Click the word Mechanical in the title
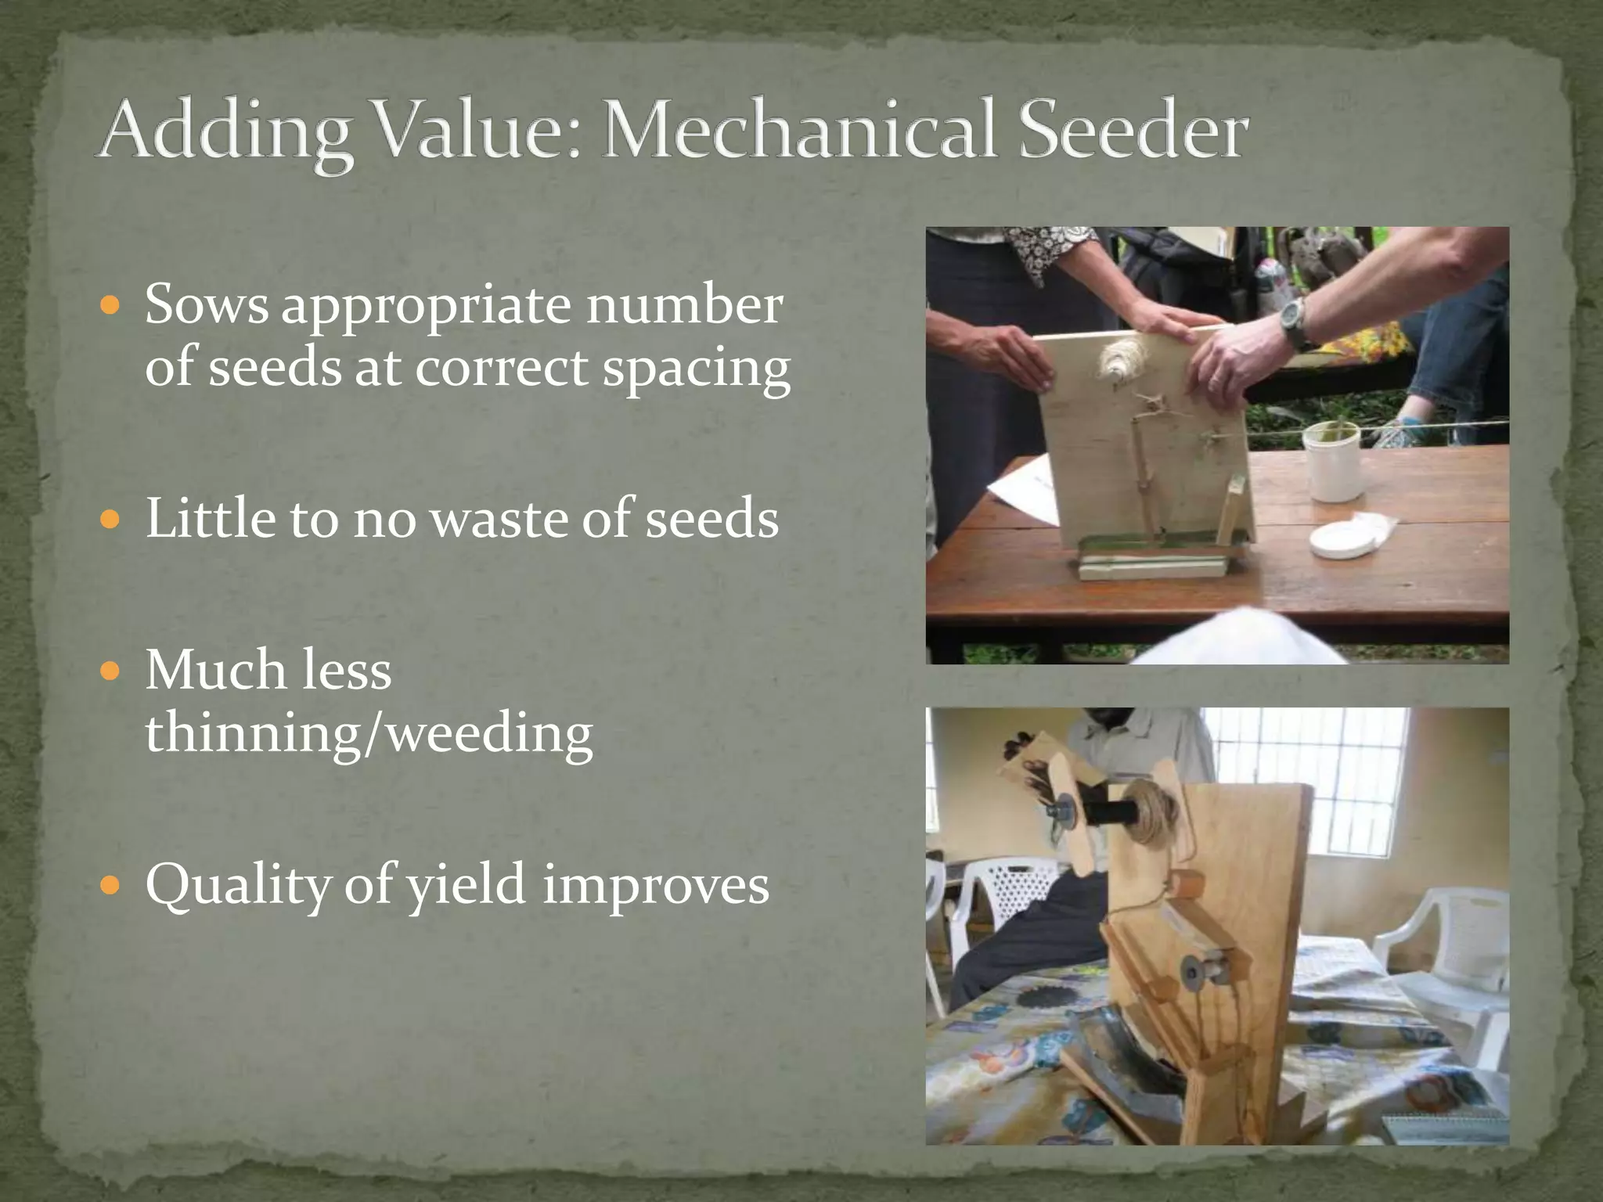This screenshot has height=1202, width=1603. [799, 129]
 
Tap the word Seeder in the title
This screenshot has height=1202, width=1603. [1133, 129]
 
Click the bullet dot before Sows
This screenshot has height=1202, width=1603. [111, 305]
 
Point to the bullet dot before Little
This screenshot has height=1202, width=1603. [111, 519]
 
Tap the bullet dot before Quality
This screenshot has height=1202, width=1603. [111, 885]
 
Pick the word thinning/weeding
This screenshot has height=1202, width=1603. [369, 735]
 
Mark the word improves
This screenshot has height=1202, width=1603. [656, 885]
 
